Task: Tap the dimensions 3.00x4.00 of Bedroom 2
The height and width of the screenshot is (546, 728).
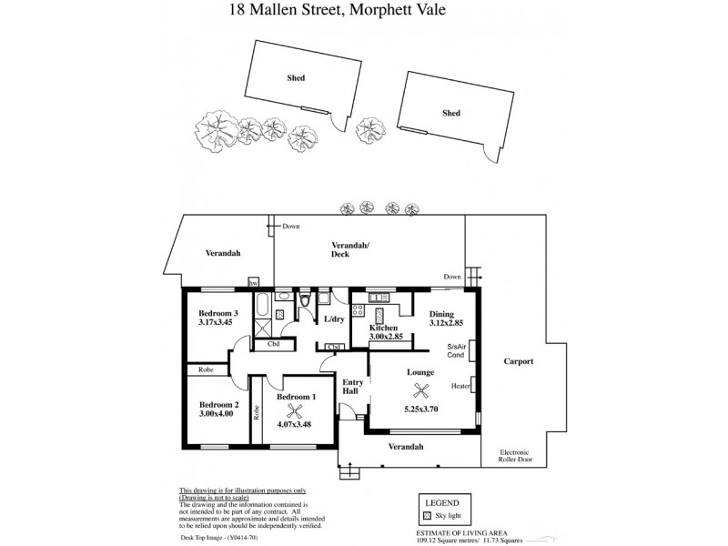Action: point(217,413)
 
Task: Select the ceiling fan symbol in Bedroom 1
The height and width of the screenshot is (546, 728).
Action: point(294,409)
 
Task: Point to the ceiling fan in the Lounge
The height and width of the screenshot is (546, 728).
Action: point(421,390)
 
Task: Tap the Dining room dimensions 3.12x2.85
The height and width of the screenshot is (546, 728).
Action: point(447,324)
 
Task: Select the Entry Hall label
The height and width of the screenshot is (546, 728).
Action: point(351,387)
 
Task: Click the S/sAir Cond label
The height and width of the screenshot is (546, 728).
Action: point(457,351)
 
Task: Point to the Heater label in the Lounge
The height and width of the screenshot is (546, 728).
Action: point(460,386)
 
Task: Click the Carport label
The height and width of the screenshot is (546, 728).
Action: point(518,361)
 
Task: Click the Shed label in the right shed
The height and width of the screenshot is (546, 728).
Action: point(450,113)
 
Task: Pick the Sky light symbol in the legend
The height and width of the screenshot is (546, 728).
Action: point(427,516)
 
